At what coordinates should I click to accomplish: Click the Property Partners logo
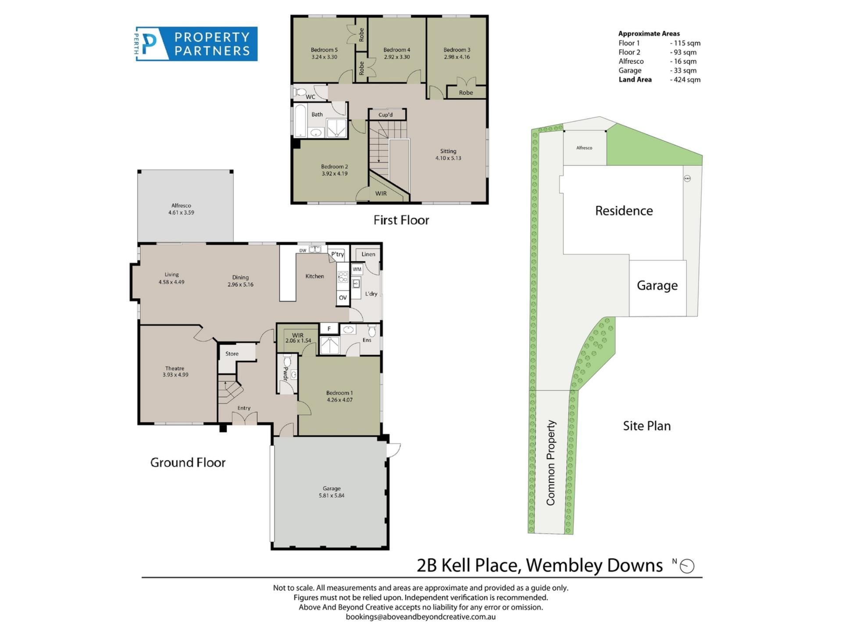pos(196,44)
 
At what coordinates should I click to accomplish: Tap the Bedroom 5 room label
pos(324,50)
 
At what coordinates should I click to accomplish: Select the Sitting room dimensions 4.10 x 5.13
pos(448,158)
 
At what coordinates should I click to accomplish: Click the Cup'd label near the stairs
pos(385,115)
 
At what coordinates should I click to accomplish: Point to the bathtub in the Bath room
pos(300,121)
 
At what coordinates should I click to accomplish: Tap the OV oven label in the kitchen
pos(343,298)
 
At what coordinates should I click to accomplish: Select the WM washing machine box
pos(357,269)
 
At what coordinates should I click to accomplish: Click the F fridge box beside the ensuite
pos(329,329)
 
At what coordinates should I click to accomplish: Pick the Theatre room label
pos(175,369)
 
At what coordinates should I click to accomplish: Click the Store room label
pos(232,354)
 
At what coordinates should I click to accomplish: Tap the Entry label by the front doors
pos(244,408)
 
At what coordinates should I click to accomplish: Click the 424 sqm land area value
pos(685,80)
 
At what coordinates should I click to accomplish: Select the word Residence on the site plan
pos(624,211)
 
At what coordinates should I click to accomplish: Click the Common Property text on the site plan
pos(551,463)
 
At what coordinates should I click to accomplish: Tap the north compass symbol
pos(687,566)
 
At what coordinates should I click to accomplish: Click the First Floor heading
pos(401,220)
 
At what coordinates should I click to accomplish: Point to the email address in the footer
pos(421,617)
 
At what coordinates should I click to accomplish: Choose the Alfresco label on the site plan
pos(584,148)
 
